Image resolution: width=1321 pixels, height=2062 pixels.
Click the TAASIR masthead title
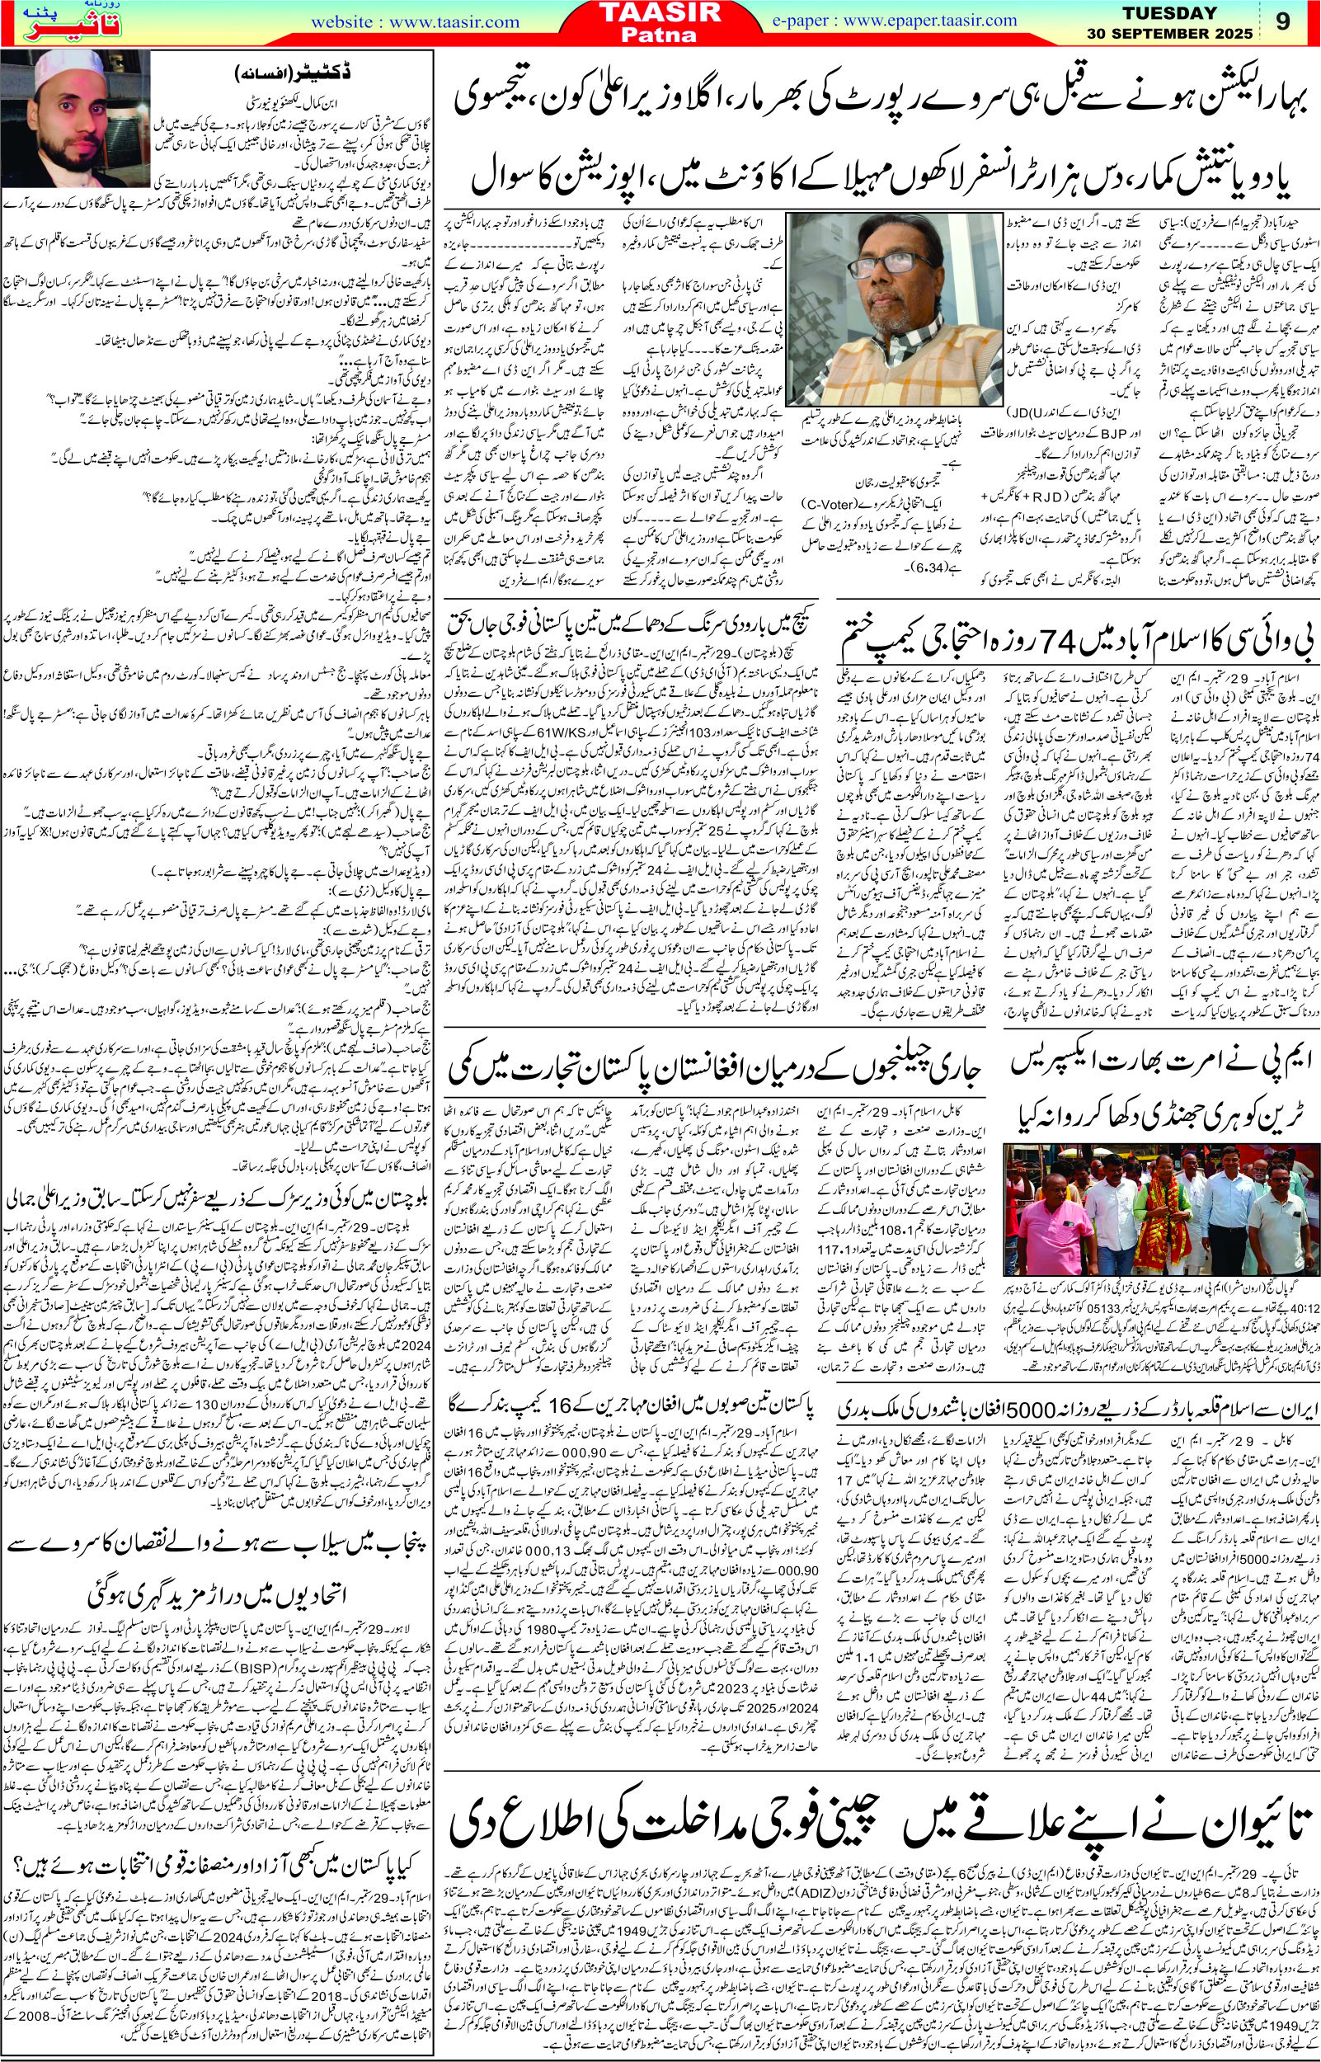(x=660, y=15)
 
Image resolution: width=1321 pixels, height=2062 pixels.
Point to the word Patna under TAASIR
(x=660, y=37)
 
